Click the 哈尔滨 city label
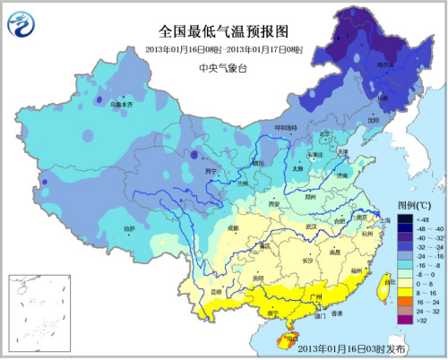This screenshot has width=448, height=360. [x=384, y=65]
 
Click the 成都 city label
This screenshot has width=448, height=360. [x=208, y=229]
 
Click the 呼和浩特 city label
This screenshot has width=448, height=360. [x=282, y=127]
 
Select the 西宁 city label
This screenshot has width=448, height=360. [x=211, y=170]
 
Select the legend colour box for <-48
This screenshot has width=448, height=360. [x=396, y=218]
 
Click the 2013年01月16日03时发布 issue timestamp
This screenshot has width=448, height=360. [x=351, y=347]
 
